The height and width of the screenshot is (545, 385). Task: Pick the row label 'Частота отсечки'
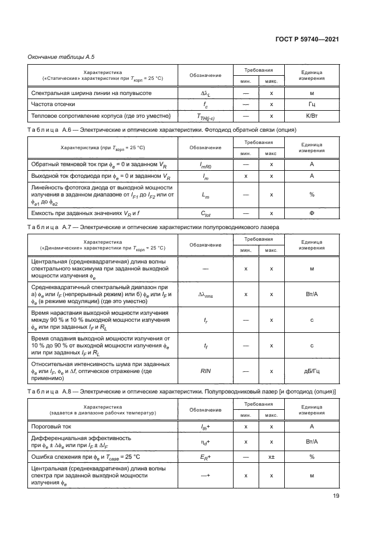click(53, 104)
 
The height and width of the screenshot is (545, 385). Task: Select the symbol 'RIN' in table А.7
click(206, 370)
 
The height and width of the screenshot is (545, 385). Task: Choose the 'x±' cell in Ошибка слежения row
click(271, 456)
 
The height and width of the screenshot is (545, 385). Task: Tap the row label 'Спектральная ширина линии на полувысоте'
click(91, 93)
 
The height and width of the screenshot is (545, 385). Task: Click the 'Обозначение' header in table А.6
click(206, 147)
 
